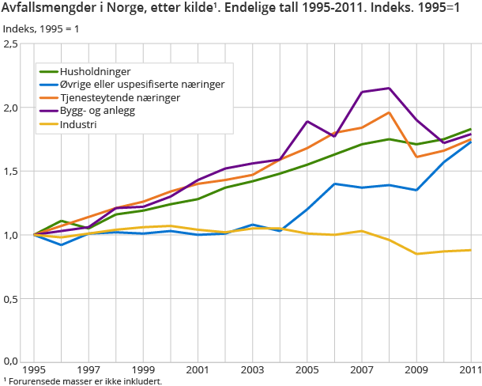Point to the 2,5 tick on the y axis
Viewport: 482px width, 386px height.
coord(10,44)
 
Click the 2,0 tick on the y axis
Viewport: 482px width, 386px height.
coord(10,108)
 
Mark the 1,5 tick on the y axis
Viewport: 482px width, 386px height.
coord(10,172)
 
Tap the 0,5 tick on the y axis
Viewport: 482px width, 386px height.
coord(10,299)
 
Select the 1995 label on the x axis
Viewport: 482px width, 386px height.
coord(34,370)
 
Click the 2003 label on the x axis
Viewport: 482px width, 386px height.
coord(252,370)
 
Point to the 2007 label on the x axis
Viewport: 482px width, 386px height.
coord(361,370)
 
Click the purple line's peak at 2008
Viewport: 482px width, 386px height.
coord(389,88)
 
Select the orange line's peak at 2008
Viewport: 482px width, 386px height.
coord(389,112)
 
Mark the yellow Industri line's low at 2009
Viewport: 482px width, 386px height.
coord(416,254)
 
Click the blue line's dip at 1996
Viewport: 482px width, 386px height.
coord(62,245)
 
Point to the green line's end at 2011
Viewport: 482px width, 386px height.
coord(471,129)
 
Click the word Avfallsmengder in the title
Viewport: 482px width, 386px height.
coord(47,9)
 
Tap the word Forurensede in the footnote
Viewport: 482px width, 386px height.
coord(32,381)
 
